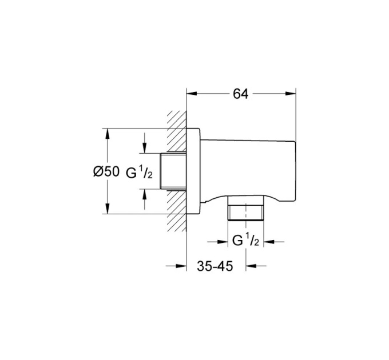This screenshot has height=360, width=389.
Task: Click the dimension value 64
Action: click(240, 94)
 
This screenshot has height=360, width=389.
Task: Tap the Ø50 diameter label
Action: click(106, 171)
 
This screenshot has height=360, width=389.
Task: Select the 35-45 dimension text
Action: click(215, 266)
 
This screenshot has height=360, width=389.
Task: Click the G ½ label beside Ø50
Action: click(139, 172)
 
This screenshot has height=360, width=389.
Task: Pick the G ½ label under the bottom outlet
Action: click(245, 240)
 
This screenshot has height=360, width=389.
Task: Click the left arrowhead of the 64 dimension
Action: click(192, 94)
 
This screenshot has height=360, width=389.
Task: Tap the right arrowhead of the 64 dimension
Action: click(291, 94)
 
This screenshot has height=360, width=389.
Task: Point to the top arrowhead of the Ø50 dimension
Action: click(107, 133)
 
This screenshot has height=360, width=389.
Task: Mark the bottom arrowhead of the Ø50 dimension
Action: click(107, 209)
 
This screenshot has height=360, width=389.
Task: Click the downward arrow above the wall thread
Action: click(145, 148)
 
